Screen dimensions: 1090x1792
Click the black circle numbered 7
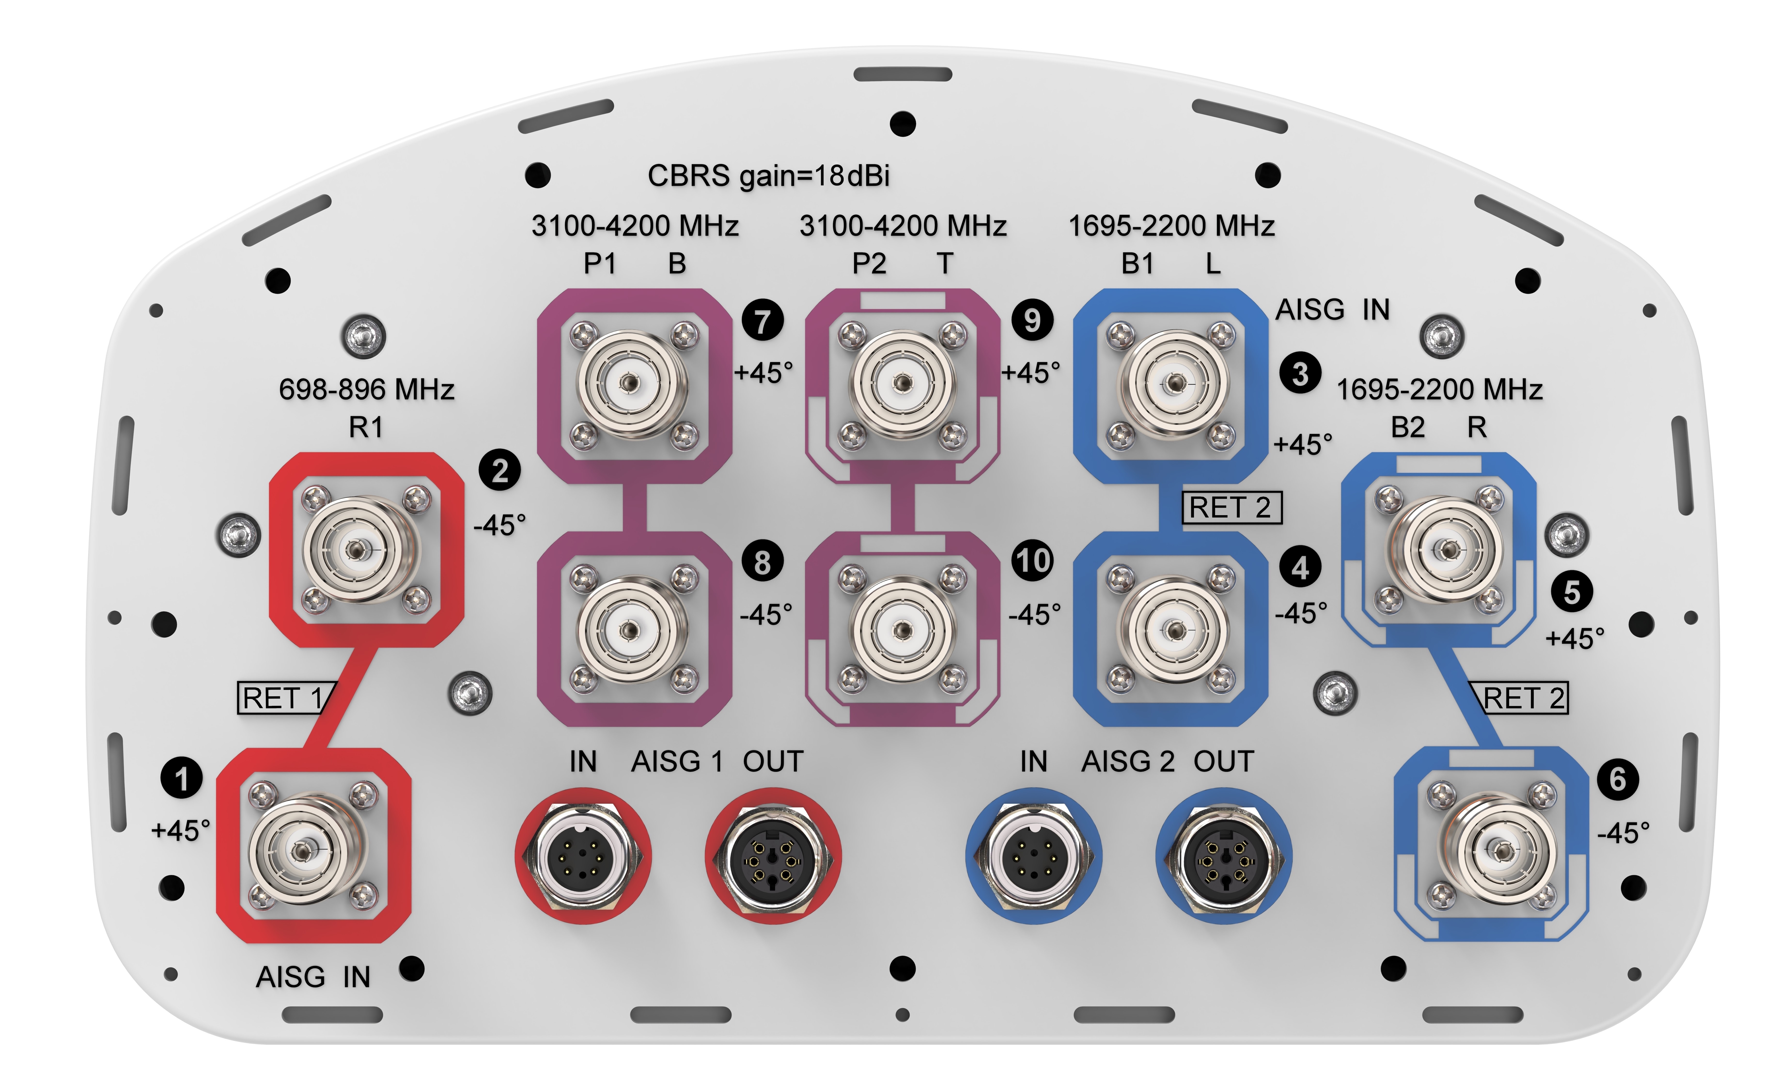[762, 321]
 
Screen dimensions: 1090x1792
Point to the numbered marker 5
[1572, 592]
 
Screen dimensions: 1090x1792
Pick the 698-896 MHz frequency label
[366, 390]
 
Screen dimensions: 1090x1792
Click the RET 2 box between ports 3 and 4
[1231, 507]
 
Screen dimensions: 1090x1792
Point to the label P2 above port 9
[869, 263]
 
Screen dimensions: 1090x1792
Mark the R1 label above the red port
[366, 428]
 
